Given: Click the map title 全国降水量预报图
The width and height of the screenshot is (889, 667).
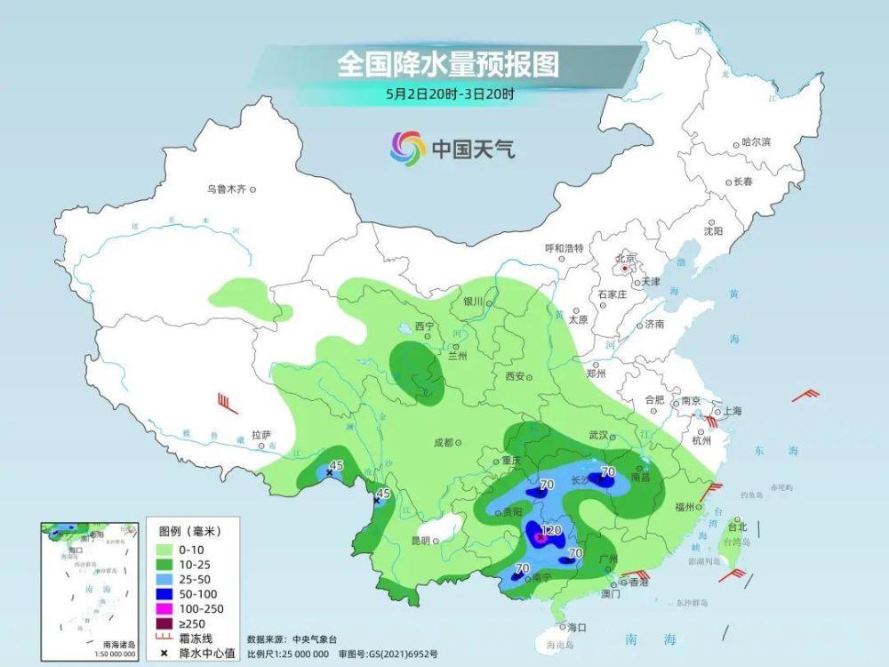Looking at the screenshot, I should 447,65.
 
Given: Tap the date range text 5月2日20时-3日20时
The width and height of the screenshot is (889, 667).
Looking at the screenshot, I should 450,92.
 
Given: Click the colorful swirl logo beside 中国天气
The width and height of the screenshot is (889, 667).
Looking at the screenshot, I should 407,147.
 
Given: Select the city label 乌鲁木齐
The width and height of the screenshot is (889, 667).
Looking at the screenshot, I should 225,189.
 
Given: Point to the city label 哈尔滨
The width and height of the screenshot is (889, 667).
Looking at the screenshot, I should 756,142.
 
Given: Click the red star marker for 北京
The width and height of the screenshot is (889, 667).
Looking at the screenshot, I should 625,267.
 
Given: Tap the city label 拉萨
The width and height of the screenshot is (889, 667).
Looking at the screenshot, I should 260,434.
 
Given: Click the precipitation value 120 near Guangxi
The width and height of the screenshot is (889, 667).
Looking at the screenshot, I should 551,531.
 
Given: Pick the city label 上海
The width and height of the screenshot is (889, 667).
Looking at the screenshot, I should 733,411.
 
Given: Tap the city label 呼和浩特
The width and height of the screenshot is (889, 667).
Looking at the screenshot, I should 564,248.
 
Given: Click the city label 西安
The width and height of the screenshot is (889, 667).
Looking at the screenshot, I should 516,376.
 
